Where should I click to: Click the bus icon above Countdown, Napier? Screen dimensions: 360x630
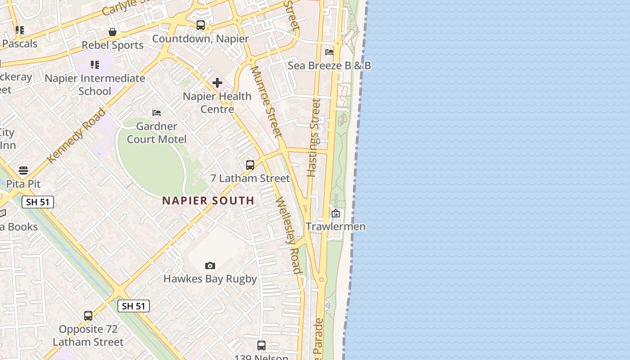coord(201,25)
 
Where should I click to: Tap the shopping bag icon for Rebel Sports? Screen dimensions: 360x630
coord(112,32)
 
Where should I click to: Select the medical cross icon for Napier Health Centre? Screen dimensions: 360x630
coord(217,83)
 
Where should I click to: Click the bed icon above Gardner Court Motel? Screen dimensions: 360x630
coord(157,113)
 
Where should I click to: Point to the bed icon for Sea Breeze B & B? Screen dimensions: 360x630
coord(329,52)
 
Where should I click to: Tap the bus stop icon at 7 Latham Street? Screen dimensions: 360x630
coord(250,165)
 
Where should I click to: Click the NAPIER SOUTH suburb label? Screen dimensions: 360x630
coord(208,201)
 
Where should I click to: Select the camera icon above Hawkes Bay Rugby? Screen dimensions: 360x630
coord(210,266)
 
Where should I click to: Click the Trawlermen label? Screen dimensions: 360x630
coord(336,226)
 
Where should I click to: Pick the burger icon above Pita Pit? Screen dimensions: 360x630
coord(23,171)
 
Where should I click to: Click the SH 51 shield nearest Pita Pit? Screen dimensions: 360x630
coord(38,202)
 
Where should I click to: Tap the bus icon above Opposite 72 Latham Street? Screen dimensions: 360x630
coord(88,316)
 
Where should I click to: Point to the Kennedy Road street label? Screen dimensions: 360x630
coord(76,135)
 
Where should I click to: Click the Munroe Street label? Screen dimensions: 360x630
coord(266,102)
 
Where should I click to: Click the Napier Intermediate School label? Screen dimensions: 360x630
coord(95,85)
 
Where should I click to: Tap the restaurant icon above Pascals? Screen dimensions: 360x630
coord(19,30)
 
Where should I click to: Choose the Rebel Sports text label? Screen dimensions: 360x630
coord(112,45)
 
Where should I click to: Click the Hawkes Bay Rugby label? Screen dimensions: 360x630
coord(210,279)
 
